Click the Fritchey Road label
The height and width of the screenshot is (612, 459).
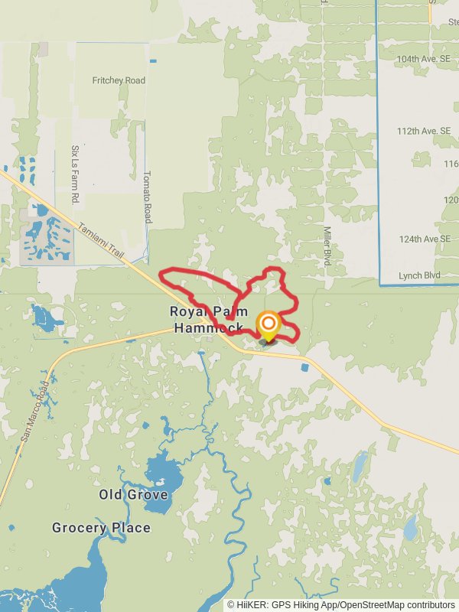click(119, 80)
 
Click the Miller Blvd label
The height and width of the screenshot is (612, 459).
click(327, 246)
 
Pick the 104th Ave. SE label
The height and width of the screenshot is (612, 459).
click(424, 58)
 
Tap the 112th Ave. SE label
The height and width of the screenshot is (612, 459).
click(424, 131)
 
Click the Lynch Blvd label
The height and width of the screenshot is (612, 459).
click(420, 275)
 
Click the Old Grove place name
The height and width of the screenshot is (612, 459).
click(133, 495)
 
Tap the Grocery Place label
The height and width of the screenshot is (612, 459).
click(101, 528)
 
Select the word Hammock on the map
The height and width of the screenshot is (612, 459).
click(208, 328)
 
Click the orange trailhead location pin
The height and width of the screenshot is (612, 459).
click(269, 326)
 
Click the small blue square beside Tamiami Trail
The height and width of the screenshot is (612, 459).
click(305, 367)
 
